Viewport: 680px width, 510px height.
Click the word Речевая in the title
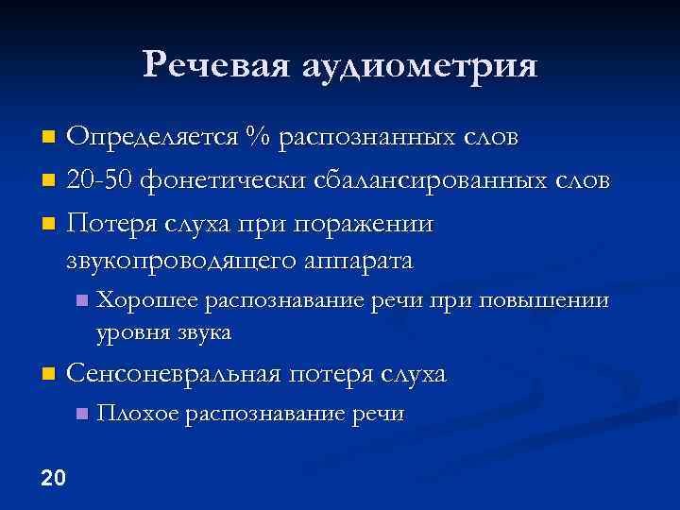click(217, 65)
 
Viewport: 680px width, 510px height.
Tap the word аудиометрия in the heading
click(420, 67)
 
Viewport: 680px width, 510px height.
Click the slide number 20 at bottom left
click(54, 478)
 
